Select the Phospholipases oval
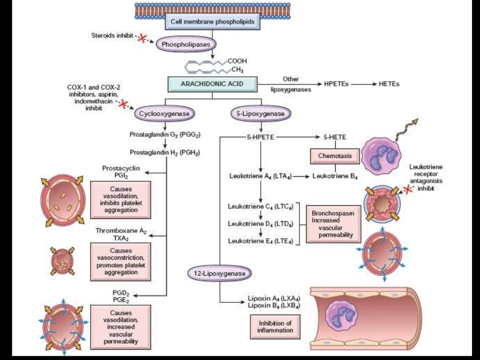(186, 45)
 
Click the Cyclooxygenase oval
(165, 113)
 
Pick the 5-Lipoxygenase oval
(261, 113)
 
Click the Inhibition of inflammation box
(275, 326)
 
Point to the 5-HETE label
(335, 137)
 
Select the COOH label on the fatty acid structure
(237, 61)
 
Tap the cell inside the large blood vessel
(342, 314)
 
